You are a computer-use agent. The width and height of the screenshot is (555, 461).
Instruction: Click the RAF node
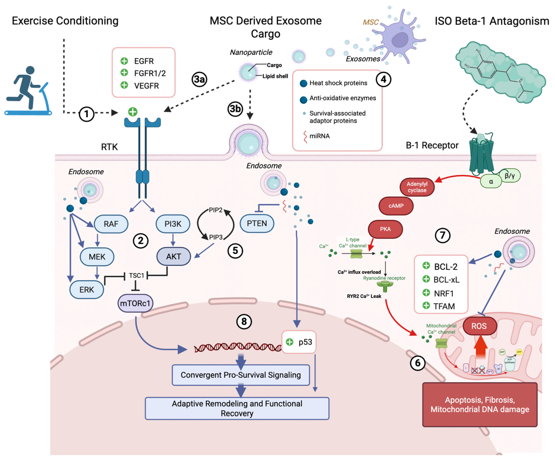[x=111, y=224]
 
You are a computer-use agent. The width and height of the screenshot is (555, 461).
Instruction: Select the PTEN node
[x=257, y=223]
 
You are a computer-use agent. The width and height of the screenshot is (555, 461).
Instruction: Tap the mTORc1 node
[x=135, y=303]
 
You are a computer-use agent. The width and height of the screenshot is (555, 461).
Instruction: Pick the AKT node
[x=174, y=256]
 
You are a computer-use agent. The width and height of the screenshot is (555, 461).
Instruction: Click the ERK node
[x=87, y=290]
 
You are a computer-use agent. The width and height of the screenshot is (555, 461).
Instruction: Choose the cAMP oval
[x=396, y=206]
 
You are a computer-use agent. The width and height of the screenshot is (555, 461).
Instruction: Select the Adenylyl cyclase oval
[x=417, y=187]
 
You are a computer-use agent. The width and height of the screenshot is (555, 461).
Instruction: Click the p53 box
[x=299, y=342]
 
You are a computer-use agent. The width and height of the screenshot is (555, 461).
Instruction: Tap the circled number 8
[x=244, y=321]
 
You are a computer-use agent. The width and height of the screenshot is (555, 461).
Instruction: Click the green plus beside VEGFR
[x=124, y=85]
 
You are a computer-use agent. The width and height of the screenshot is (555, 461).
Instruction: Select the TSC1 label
[x=136, y=276]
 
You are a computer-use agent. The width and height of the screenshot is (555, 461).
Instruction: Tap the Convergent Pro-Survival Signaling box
[x=241, y=375]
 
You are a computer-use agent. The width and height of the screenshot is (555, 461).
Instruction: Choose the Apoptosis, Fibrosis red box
[x=480, y=404]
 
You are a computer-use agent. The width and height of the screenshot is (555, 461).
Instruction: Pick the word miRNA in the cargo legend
[x=320, y=136]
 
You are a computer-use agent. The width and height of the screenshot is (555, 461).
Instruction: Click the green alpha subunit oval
[x=491, y=181]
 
